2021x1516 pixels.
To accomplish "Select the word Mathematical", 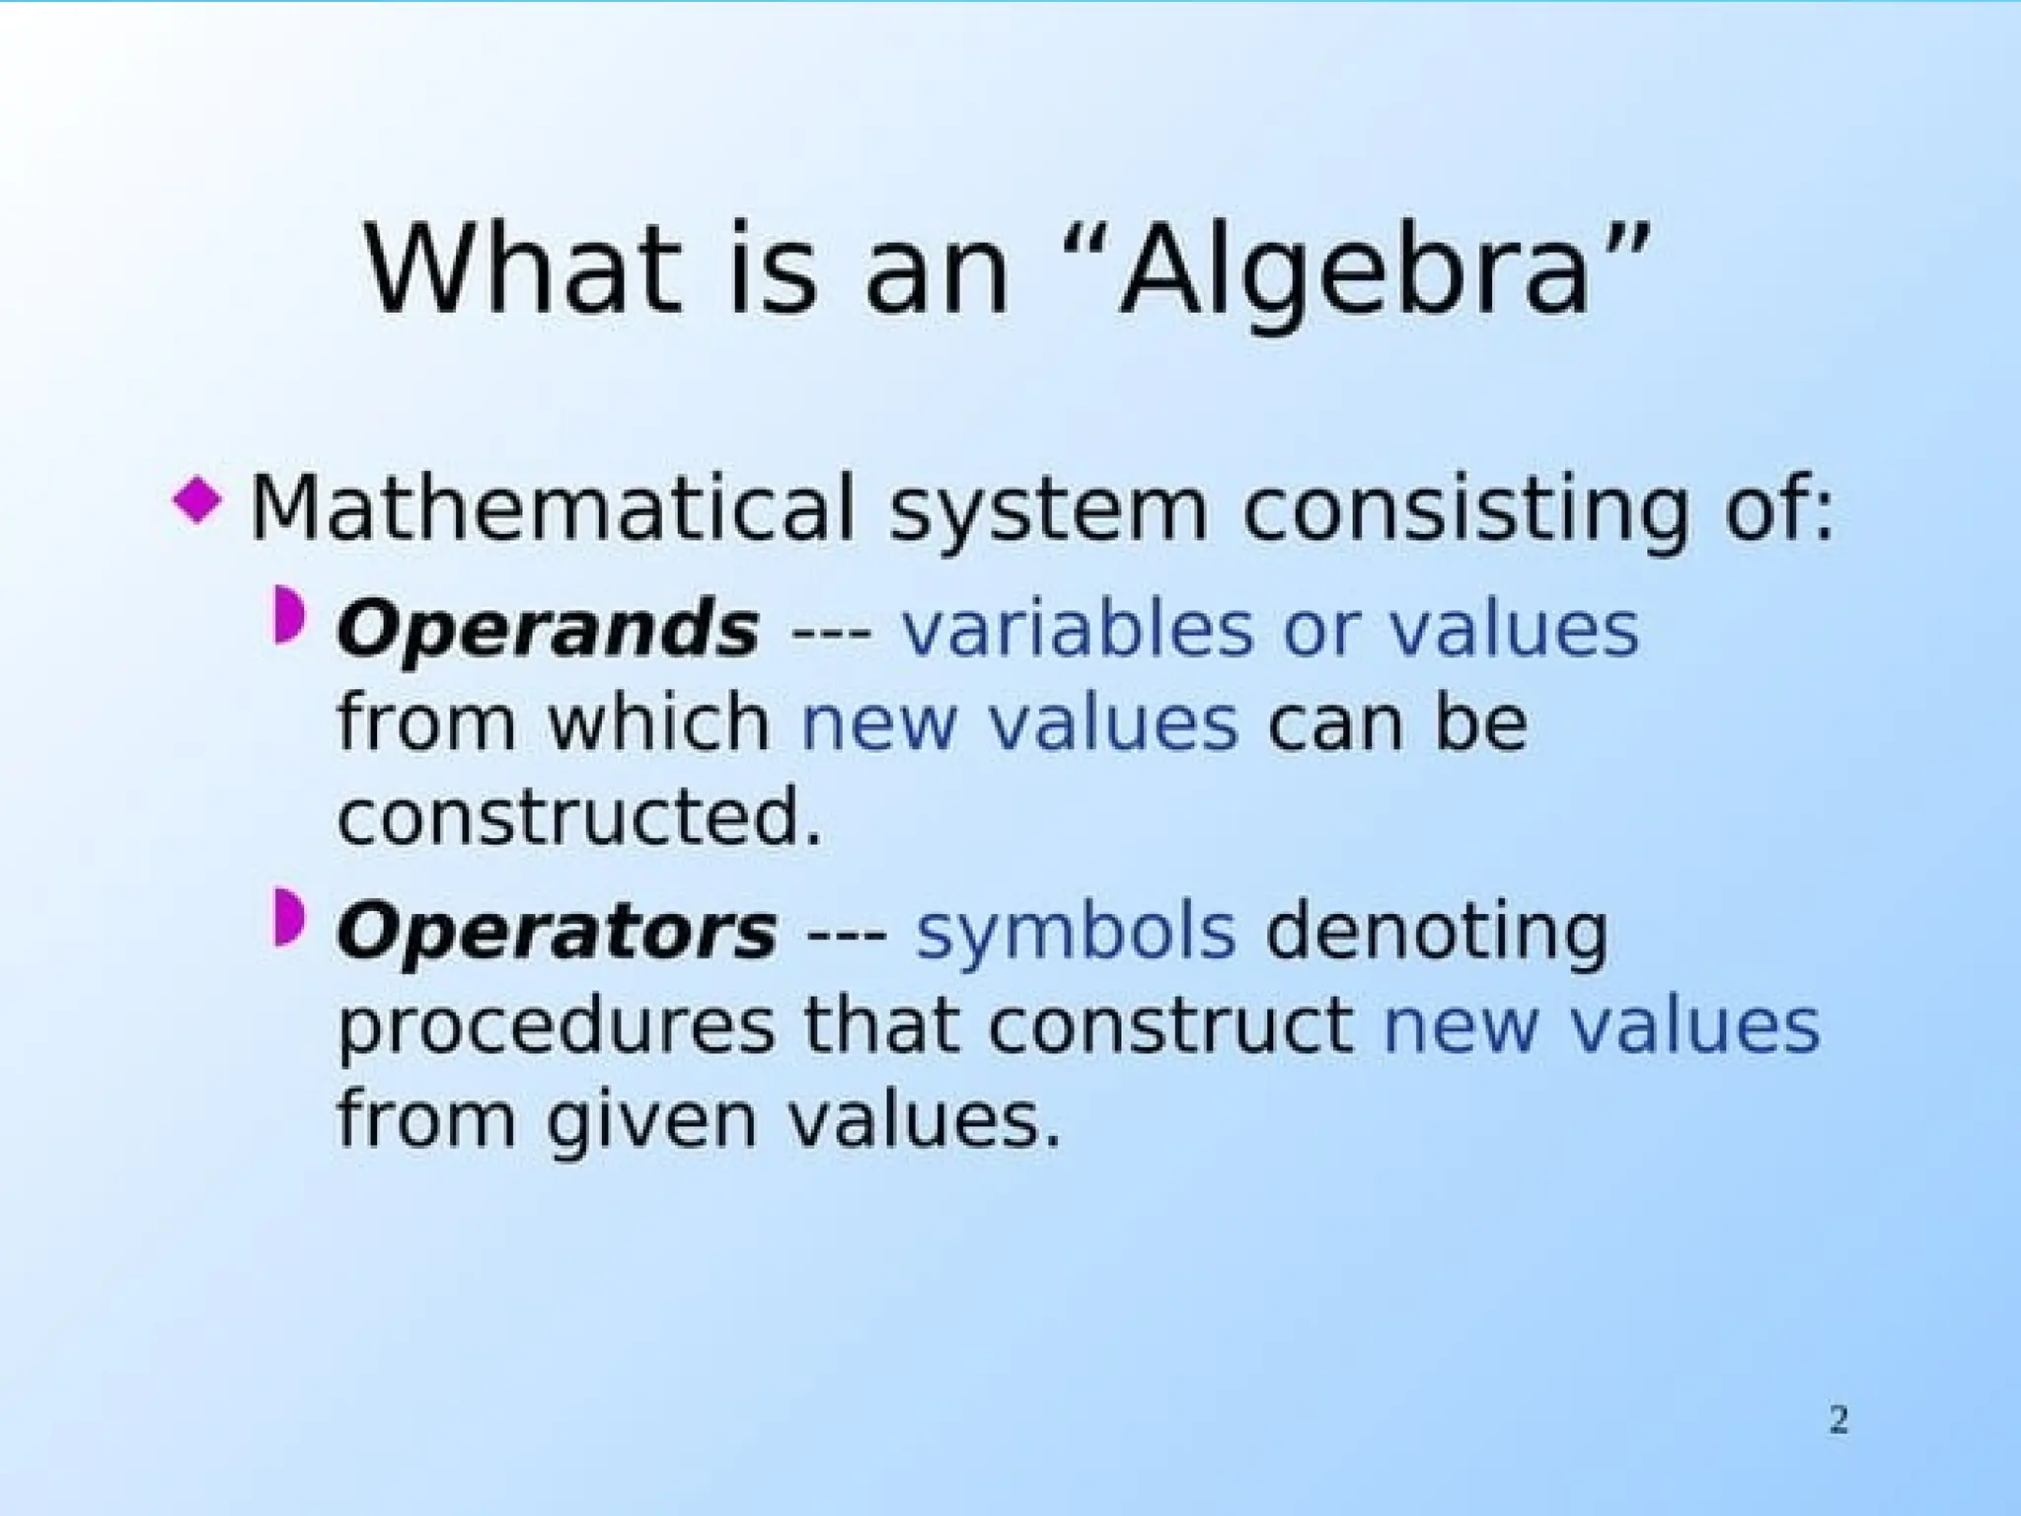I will (551, 509).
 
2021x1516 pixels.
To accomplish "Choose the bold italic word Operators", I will (557, 933).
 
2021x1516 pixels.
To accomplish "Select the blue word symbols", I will (1076, 933).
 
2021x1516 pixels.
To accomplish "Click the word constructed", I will (579, 817).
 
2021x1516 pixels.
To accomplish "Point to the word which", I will (658, 722).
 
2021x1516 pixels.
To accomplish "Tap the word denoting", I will (1436, 933).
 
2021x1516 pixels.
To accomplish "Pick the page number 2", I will (1837, 1419).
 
